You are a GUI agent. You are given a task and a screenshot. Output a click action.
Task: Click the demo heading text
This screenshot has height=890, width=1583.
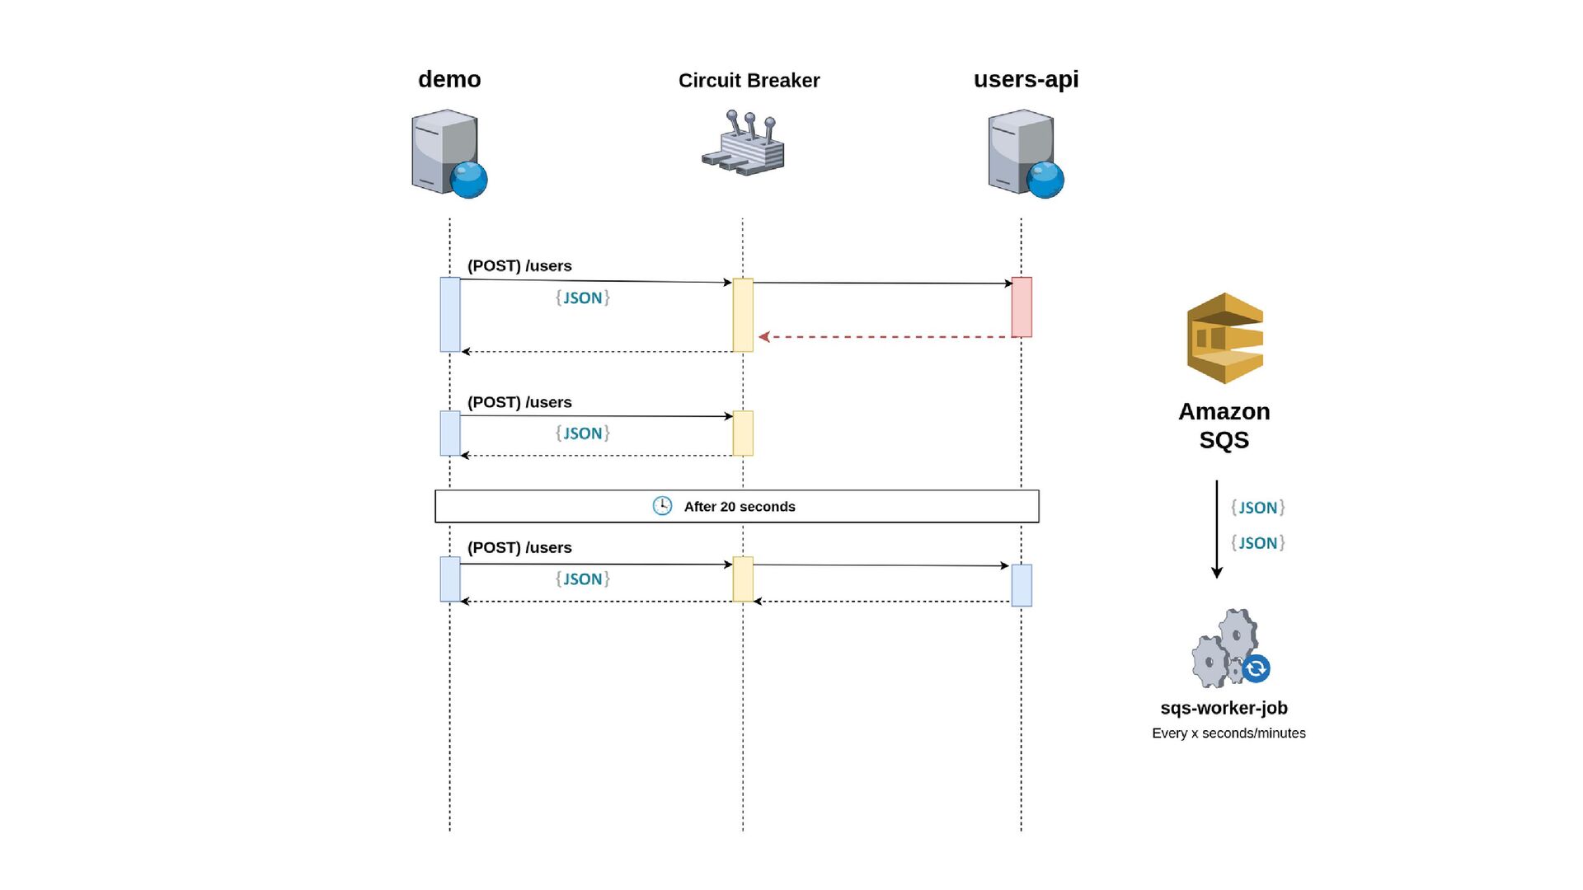pyautogui.click(x=449, y=79)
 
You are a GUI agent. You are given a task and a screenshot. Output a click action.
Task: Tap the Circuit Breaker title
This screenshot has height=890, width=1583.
pyautogui.click(x=749, y=81)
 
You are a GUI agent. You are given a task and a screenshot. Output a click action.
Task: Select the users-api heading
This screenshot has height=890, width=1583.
pyautogui.click(x=1026, y=80)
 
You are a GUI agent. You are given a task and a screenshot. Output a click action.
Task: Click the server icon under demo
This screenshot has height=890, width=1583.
pyautogui.click(x=449, y=154)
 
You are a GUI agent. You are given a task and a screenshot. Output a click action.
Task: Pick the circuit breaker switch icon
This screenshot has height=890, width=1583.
pyautogui.click(x=744, y=143)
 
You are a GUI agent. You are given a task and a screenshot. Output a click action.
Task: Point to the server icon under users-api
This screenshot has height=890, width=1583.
pyautogui.click(x=1026, y=154)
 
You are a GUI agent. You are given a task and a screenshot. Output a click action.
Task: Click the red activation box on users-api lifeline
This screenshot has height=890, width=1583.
pyautogui.click(x=1022, y=307)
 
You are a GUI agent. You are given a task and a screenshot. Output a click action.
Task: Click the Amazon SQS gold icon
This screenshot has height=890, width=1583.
pyautogui.click(x=1224, y=339)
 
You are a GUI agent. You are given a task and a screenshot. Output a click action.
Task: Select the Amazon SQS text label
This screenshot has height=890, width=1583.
pyautogui.click(x=1224, y=425)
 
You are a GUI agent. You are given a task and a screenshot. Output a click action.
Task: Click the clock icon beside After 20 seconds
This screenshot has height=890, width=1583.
pyautogui.click(x=662, y=506)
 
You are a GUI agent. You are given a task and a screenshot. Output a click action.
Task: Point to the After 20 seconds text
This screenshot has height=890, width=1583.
pyautogui.click(x=740, y=507)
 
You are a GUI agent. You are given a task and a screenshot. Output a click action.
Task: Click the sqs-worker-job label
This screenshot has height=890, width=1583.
pyautogui.click(x=1224, y=708)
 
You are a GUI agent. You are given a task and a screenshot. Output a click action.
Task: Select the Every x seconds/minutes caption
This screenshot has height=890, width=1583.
pyautogui.click(x=1228, y=733)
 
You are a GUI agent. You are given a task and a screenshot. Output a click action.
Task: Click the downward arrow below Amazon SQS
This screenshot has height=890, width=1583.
pyautogui.click(x=1217, y=529)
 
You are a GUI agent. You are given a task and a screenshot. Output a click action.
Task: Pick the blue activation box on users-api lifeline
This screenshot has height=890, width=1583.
pyautogui.click(x=1022, y=585)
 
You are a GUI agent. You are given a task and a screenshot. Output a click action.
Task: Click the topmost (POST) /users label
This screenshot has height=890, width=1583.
pyautogui.click(x=519, y=266)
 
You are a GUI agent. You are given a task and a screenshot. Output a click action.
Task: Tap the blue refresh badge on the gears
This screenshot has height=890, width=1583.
pyautogui.click(x=1256, y=668)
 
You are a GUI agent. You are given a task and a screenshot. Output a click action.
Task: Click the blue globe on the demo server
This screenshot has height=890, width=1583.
pyautogui.click(x=469, y=180)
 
